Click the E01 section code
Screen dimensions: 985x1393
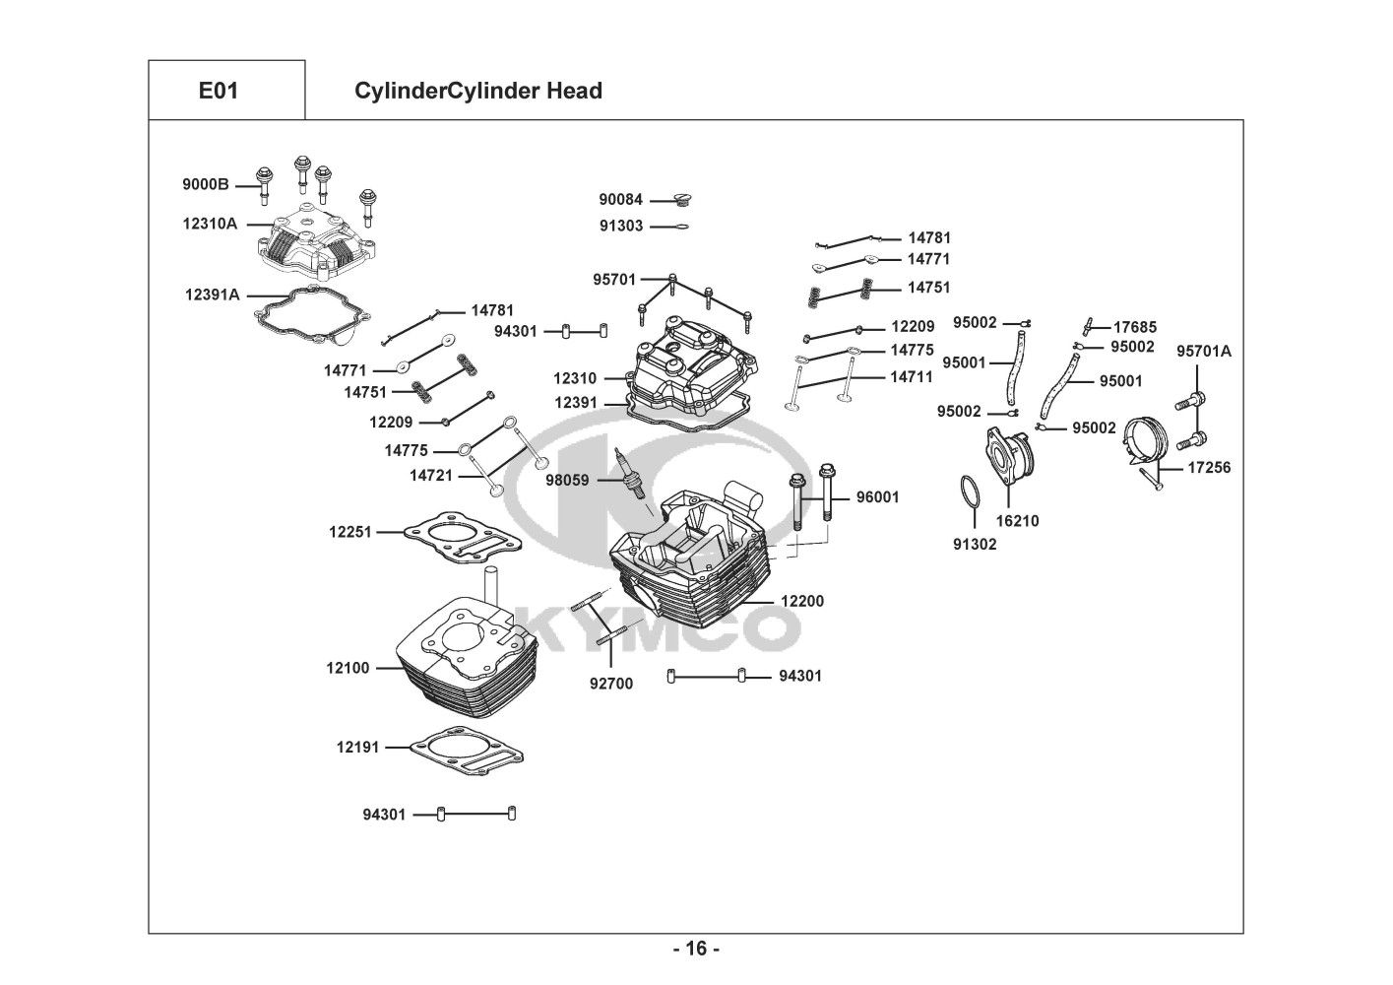(x=219, y=91)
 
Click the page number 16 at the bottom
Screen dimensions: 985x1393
(x=696, y=950)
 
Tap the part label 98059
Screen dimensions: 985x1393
(x=567, y=481)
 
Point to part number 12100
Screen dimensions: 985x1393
(x=348, y=668)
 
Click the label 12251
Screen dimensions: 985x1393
(x=349, y=532)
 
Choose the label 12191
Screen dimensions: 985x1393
(x=357, y=748)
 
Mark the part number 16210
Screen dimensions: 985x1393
(x=1017, y=521)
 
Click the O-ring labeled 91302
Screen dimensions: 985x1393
(x=969, y=492)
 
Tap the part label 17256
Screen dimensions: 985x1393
(x=1209, y=468)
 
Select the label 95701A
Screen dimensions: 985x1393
(x=1204, y=351)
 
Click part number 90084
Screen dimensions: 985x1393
(x=621, y=200)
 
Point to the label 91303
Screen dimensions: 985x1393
(x=621, y=226)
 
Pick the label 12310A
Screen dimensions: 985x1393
(x=210, y=224)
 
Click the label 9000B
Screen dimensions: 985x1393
(x=205, y=184)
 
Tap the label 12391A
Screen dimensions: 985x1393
(x=212, y=294)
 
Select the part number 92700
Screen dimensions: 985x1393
(x=611, y=684)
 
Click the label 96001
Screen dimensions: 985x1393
(x=877, y=497)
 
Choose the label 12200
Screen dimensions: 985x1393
(x=802, y=601)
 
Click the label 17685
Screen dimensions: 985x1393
(x=1135, y=327)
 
